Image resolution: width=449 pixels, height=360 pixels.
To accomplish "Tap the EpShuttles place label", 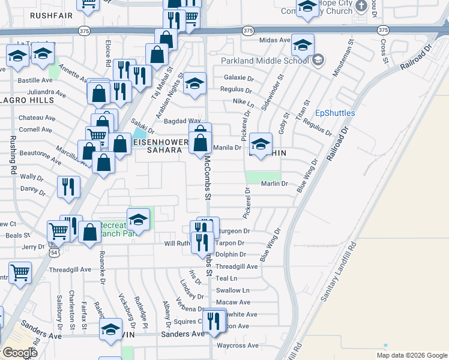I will tap(335, 113).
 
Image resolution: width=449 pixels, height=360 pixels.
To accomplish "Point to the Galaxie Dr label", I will tap(236, 77).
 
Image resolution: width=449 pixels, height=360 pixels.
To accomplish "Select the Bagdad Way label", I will tap(183, 121).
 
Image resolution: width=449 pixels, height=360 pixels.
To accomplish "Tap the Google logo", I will tap(20, 353).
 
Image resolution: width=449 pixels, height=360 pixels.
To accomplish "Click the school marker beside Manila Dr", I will tap(261, 144).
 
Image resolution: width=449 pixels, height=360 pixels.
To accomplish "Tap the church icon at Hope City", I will tap(361, 6).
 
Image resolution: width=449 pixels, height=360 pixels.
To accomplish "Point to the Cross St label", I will tap(384, 45).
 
